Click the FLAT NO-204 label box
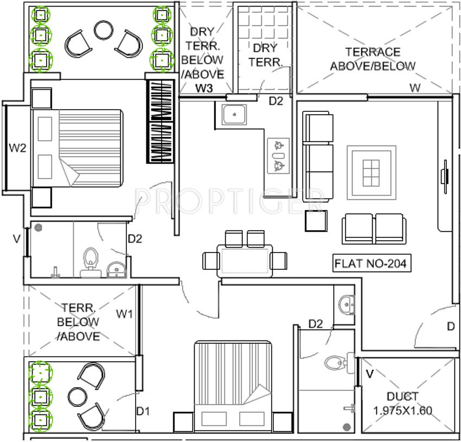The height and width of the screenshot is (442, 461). (372, 263)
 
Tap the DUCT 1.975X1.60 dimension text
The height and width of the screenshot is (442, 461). (402, 403)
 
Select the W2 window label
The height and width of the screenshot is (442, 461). (18, 148)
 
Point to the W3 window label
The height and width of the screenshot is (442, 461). (204, 88)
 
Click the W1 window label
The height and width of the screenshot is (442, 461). (124, 314)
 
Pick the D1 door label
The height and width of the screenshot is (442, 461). (143, 412)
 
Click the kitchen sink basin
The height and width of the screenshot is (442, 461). (234, 115)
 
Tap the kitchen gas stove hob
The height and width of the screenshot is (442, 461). (278, 156)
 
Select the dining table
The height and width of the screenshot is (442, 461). (245, 261)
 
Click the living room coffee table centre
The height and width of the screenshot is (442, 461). (372, 173)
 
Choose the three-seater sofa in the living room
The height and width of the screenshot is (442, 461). (318, 156)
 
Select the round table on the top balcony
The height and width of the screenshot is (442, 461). (104, 30)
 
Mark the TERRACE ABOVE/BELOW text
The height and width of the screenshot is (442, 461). (373, 59)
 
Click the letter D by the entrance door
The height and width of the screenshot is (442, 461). (451, 326)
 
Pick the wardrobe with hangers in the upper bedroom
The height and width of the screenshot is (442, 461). (161, 121)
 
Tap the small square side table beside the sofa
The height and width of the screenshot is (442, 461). (316, 220)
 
